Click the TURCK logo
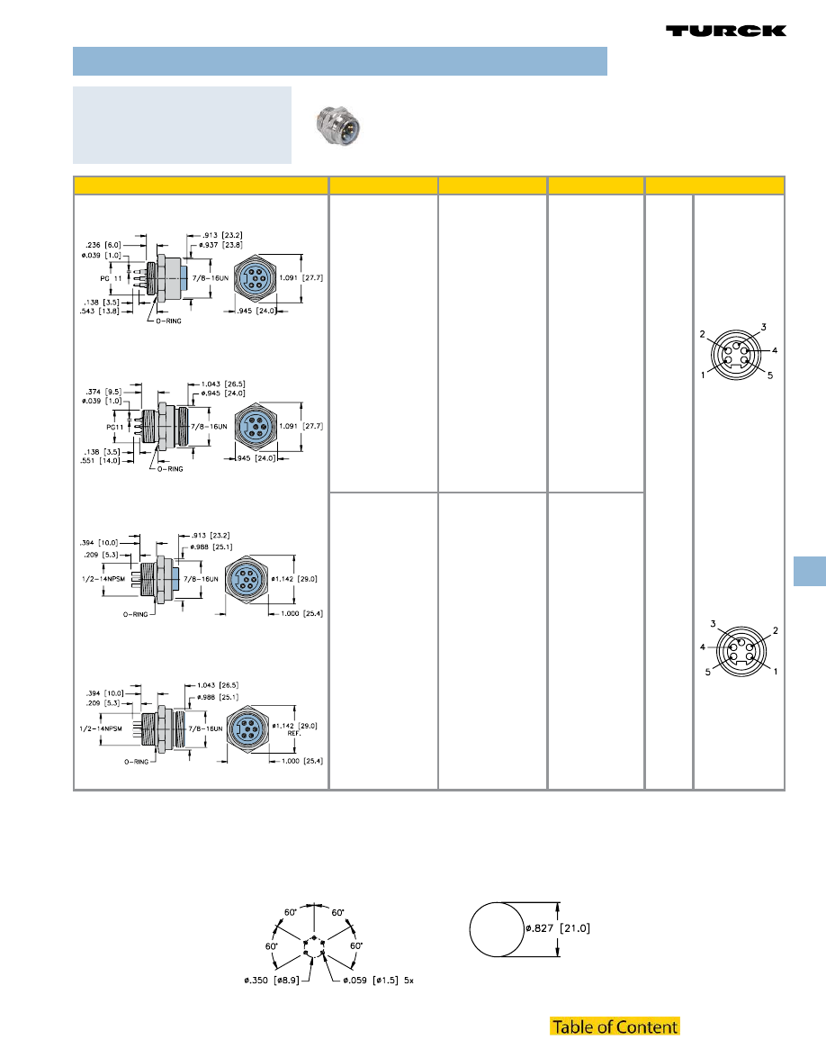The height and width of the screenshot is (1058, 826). coord(726,31)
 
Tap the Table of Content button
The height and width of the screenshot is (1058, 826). coord(615,1026)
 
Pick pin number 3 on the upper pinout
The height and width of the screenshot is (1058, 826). coord(762,327)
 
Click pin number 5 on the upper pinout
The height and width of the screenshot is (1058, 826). coord(769,375)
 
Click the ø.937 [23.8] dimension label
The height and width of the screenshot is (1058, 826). coord(220,246)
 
